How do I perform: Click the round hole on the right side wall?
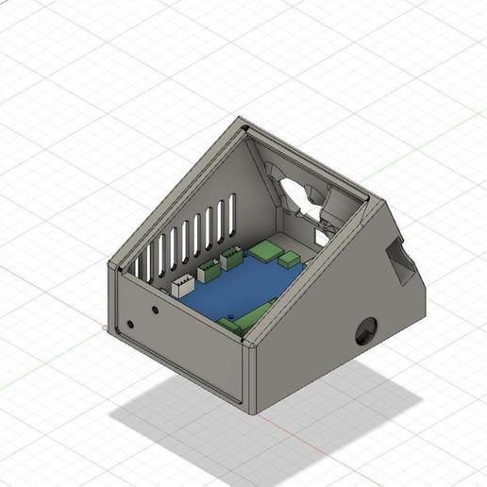tap(364, 330)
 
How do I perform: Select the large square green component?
tap(267, 251)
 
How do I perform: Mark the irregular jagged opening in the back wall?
tap(300, 192)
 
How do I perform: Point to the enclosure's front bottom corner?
tap(251, 413)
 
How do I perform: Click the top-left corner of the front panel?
tap(110, 269)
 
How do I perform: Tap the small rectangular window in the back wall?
tap(321, 236)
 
